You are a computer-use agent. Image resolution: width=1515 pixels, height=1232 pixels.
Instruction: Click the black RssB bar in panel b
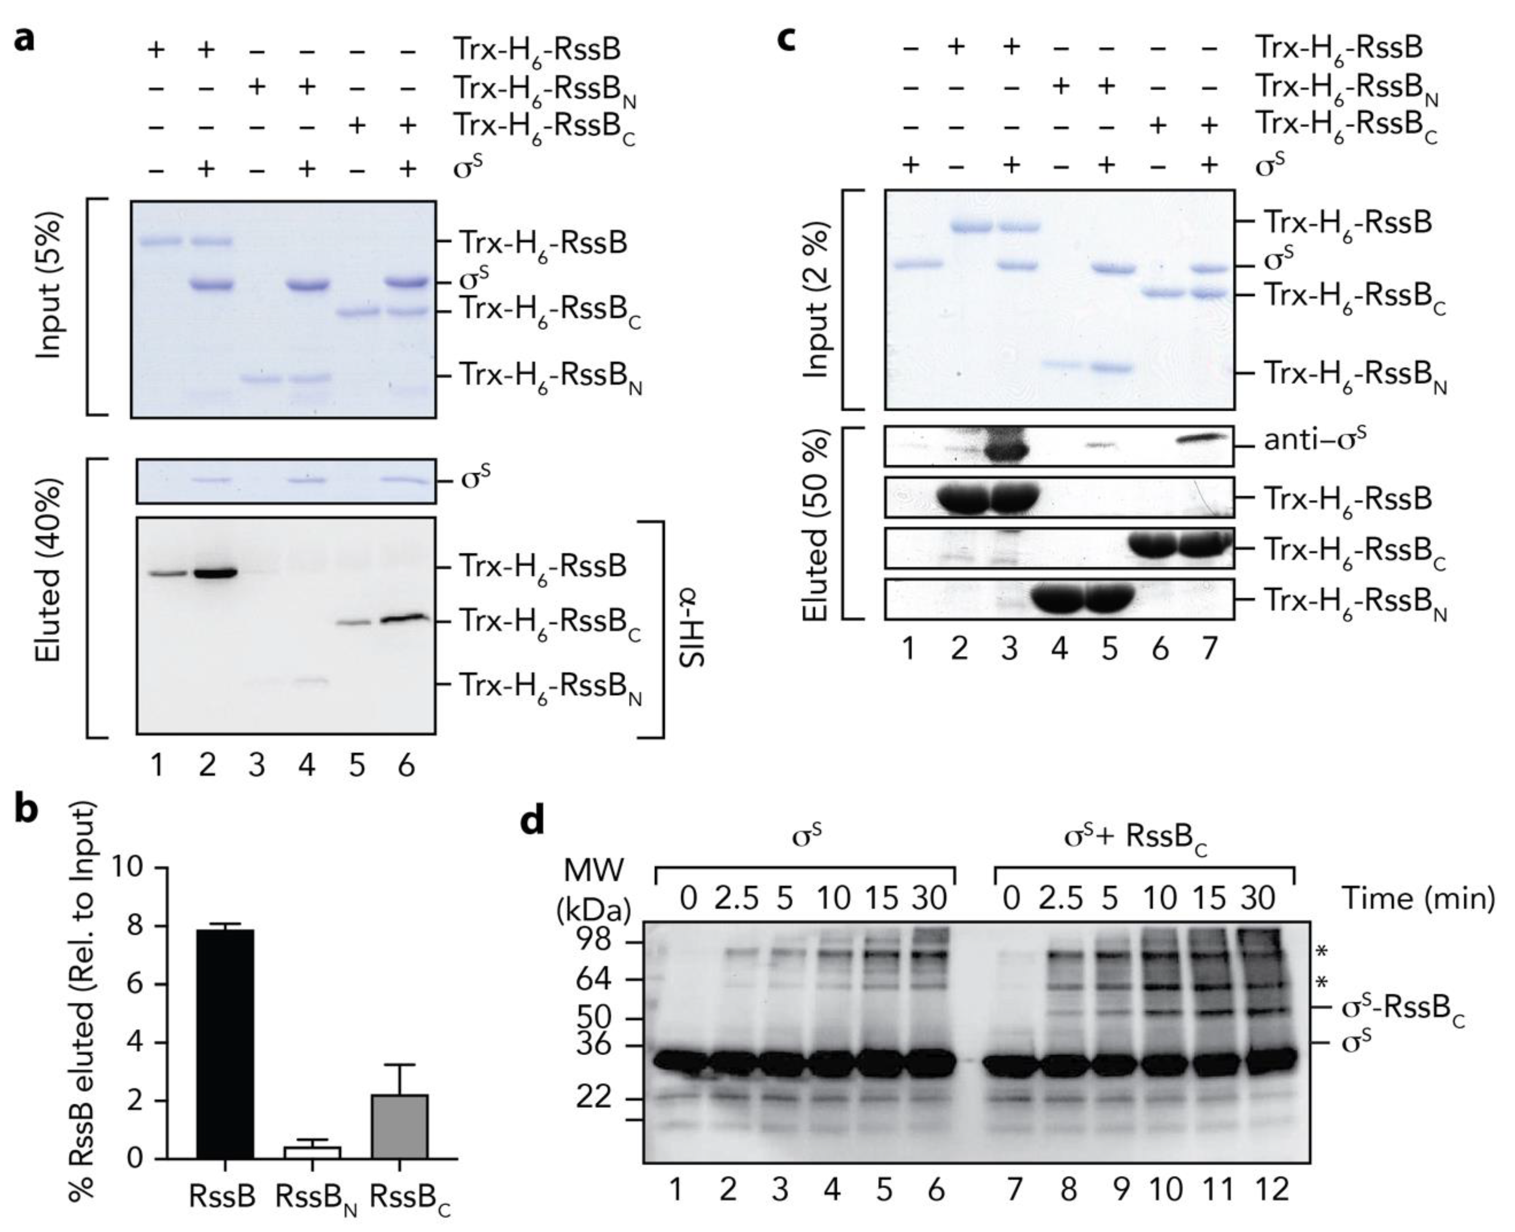tap(225, 1043)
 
